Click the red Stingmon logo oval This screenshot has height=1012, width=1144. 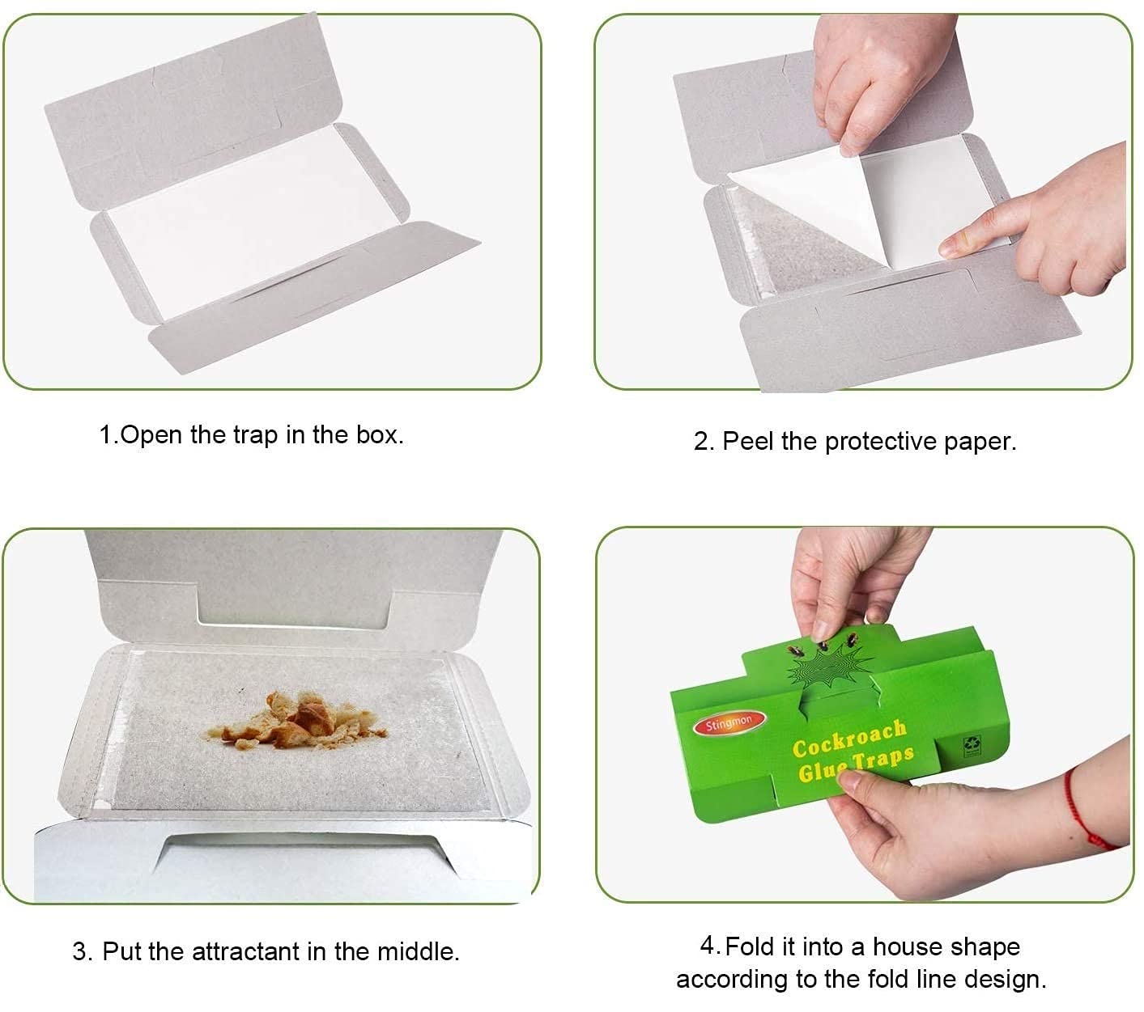(x=728, y=723)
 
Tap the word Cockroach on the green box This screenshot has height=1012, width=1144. (x=848, y=738)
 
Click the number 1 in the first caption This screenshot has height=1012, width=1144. (x=105, y=435)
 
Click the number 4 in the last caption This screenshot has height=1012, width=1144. (x=708, y=946)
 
